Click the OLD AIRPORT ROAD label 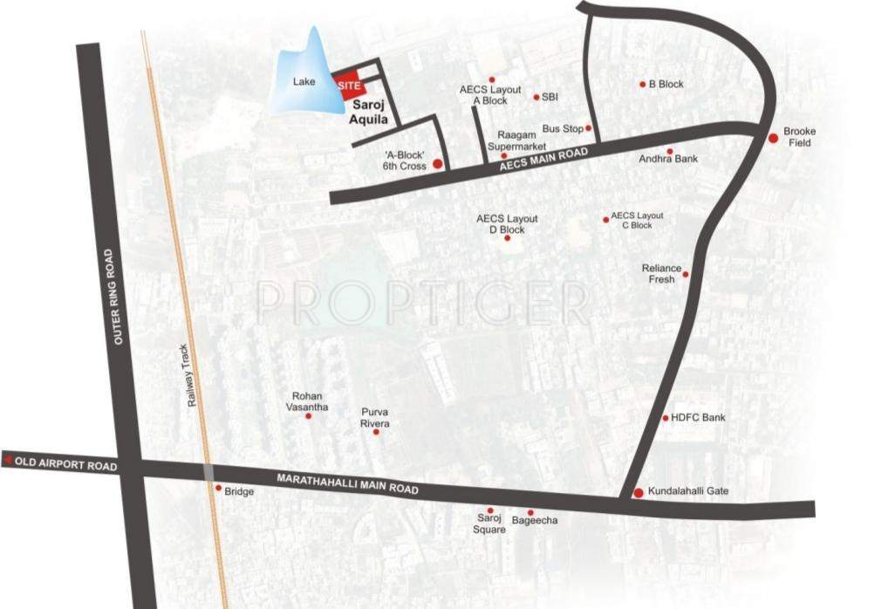65,464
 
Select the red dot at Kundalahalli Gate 638,493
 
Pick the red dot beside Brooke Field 773,138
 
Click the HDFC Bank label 698,418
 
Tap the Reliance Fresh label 661,274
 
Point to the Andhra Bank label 668,159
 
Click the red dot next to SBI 536,98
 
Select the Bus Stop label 563,129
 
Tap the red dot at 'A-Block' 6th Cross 437,163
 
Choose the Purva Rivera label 375,417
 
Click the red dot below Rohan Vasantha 308,416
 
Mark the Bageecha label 535,521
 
